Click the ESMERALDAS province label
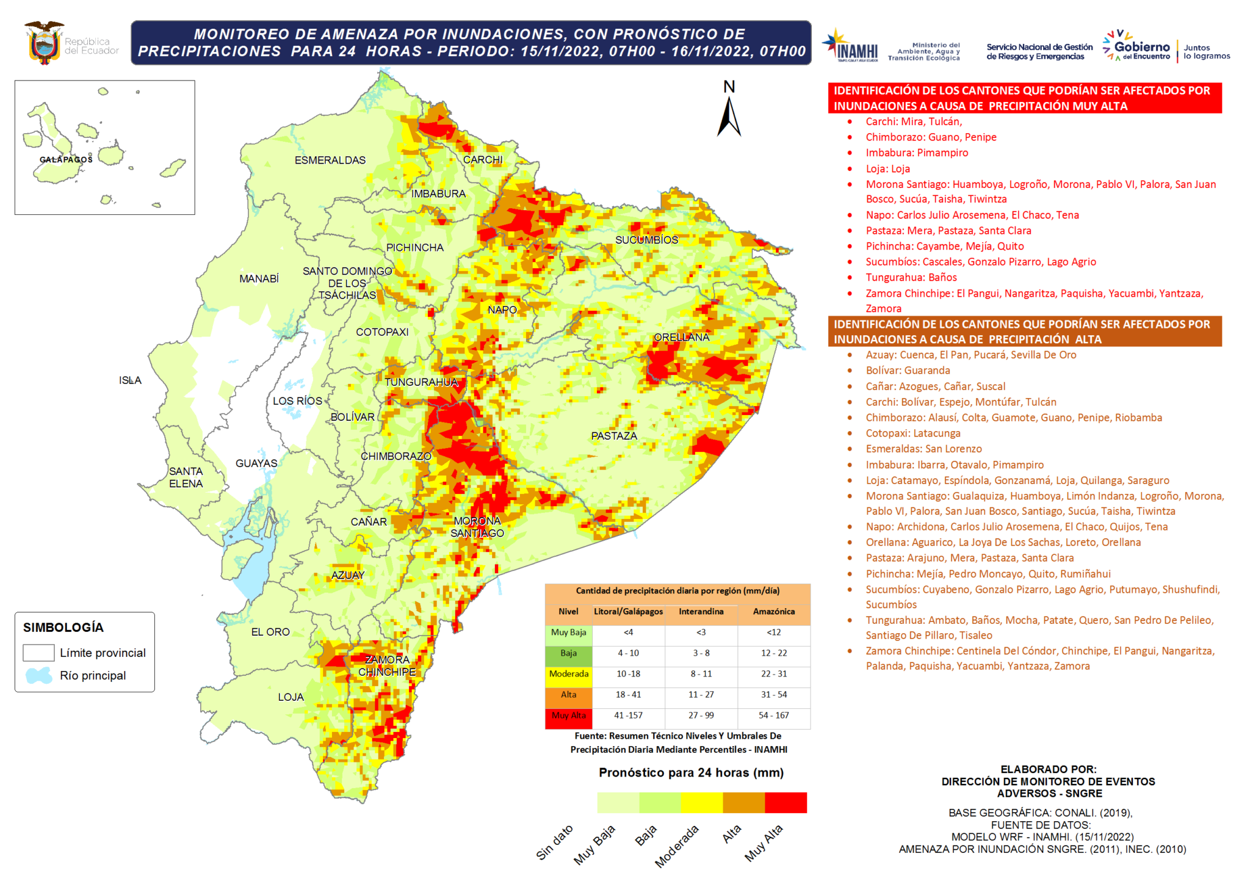point(330,160)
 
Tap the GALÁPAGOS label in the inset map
point(66,159)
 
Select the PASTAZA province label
point(614,436)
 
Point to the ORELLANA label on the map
point(682,337)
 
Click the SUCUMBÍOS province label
point(646,240)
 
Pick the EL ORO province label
point(270,632)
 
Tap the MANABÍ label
point(259,278)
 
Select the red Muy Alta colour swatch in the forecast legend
point(786,802)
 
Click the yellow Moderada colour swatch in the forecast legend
point(701,802)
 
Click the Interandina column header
point(701,611)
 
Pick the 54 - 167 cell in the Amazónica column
point(773,715)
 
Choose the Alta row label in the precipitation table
point(568,694)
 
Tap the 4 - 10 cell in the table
point(628,653)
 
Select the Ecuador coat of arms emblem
point(44,43)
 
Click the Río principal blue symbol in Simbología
point(39,675)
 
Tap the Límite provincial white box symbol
point(39,653)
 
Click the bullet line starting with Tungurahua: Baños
point(911,277)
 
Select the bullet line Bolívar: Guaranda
point(908,370)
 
